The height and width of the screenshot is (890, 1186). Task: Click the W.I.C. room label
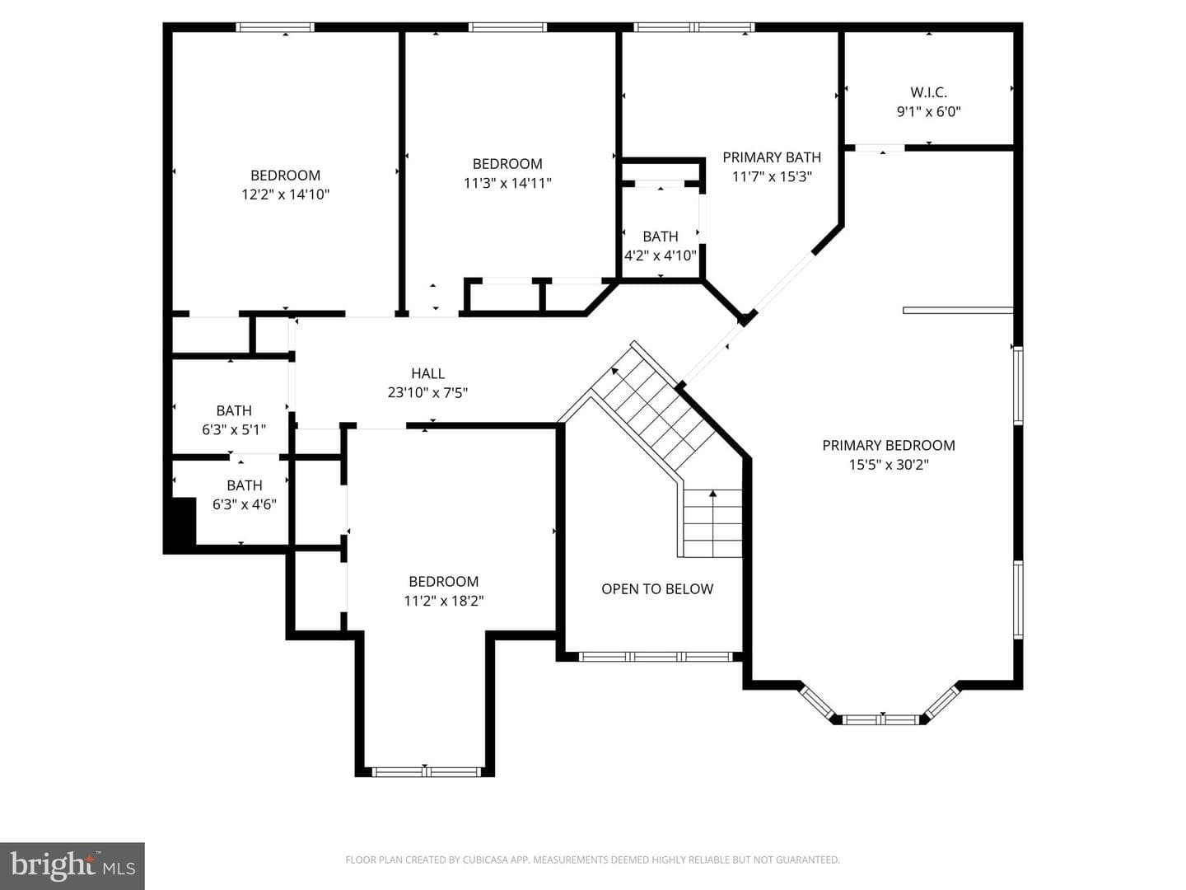tap(928, 92)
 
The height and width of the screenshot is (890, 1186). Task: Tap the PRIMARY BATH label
tap(772, 157)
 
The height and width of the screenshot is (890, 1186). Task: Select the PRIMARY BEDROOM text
tap(889, 445)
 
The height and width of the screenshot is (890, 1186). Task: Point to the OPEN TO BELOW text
tap(657, 589)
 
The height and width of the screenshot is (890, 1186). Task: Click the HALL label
tap(428, 373)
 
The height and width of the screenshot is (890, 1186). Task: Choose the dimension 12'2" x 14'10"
tap(285, 194)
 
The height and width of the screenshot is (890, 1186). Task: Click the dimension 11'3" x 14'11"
tap(507, 183)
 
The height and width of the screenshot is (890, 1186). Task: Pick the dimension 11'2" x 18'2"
tap(444, 601)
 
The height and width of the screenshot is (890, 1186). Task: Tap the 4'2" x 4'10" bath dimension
tap(661, 255)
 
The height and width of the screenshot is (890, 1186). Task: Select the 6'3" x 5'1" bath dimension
tap(234, 430)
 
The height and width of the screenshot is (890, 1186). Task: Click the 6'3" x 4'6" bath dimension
tap(245, 504)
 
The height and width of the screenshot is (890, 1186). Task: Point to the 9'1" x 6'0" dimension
tap(929, 112)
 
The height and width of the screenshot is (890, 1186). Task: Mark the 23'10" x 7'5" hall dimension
tap(427, 393)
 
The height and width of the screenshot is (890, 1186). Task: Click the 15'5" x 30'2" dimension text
tap(889, 465)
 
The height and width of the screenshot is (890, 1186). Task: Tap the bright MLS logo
tap(72, 865)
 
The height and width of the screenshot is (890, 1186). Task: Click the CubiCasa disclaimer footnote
tap(593, 860)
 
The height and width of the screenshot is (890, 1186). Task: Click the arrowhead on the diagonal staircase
tap(615, 371)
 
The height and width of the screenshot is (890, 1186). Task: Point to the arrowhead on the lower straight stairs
tap(712, 494)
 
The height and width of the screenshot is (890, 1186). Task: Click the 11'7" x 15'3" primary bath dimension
tap(772, 176)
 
